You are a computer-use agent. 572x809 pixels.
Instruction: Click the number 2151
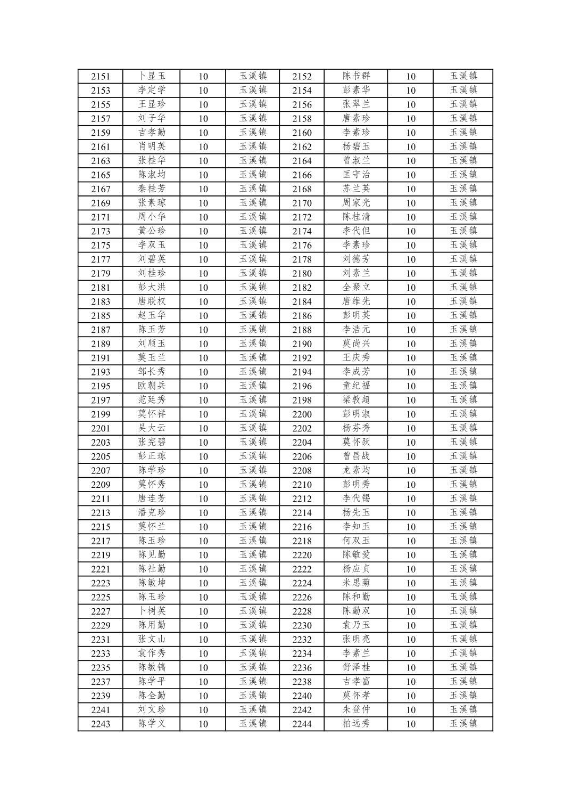[100, 76]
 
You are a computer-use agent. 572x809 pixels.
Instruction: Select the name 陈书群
[356, 76]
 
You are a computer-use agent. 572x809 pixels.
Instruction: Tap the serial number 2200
[302, 414]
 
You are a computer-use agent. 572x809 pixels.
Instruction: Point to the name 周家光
[356, 203]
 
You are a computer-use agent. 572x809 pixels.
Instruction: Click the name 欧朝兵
[152, 386]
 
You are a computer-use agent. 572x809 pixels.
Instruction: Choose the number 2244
[302, 724]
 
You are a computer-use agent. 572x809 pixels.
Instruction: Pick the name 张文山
[152, 639]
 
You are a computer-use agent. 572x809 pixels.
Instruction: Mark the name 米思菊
[356, 583]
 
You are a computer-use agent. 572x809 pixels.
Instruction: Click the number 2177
[100, 259]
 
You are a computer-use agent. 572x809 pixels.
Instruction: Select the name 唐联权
[152, 301]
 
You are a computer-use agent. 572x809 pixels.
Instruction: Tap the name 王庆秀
[356, 358]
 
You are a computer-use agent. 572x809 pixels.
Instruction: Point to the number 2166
[302, 175]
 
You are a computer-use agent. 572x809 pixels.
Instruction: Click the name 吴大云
[152, 428]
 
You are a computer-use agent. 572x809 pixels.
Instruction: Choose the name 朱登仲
[356, 709]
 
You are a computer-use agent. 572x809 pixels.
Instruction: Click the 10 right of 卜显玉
[203, 76]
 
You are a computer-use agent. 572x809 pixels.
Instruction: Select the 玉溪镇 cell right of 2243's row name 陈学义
[253, 724]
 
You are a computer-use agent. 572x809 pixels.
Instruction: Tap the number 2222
[302, 569]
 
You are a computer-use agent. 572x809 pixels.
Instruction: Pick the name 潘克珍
[152, 513]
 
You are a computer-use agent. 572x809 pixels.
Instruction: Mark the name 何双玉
[356, 541]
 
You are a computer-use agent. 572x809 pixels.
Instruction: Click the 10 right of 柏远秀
[410, 724]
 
